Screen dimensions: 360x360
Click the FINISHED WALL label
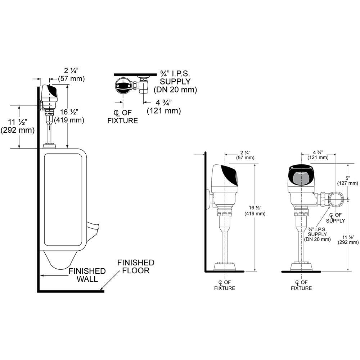tap(87, 275)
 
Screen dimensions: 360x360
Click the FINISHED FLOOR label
tap(136, 266)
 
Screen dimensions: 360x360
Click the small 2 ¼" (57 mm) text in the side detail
tap(245, 155)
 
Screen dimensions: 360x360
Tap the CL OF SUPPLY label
tap(335, 218)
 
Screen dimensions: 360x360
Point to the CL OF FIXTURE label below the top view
tap(123, 117)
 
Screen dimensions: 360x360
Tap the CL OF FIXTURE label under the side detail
tap(225, 285)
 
